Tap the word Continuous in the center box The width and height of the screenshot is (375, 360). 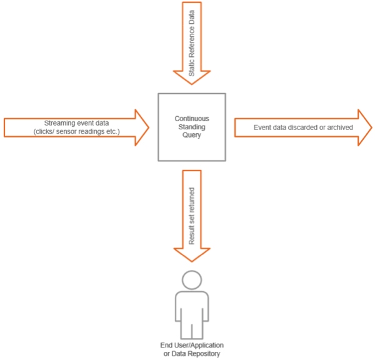pyautogui.click(x=192, y=117)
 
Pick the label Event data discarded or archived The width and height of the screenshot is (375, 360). pyautogui.click(x=295, y=127)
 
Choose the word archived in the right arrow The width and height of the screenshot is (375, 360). pyautogui.click(x=340, y=127)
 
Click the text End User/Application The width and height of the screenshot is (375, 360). pyautogui.click(x=192, y=346)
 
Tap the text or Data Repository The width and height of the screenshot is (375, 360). pyautogui.click(x=192, y=354)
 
